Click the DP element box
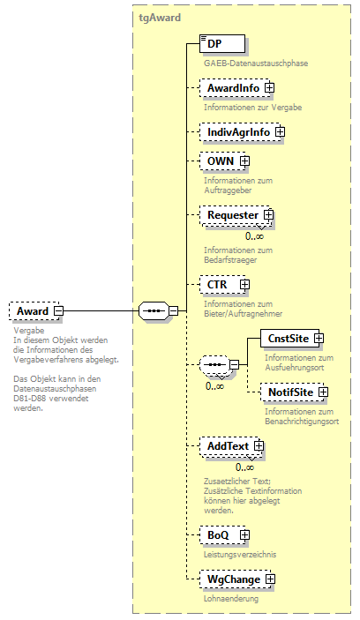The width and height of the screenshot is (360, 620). click(x=221, y=43)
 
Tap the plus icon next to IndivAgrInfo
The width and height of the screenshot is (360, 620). click(x=280, y=132)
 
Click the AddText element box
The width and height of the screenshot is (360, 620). click(x=227, y=447)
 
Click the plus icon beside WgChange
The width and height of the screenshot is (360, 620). click(x=270, y=579)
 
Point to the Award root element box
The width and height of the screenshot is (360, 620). click(x=33, y=310)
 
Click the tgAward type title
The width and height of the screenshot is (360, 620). click(x=161, y=17)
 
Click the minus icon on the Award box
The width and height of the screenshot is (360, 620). click(x=58, y=310)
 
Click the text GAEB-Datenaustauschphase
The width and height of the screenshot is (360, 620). click(x=255, y=63)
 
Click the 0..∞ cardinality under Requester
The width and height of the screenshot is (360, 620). click(x=254, y=235)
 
